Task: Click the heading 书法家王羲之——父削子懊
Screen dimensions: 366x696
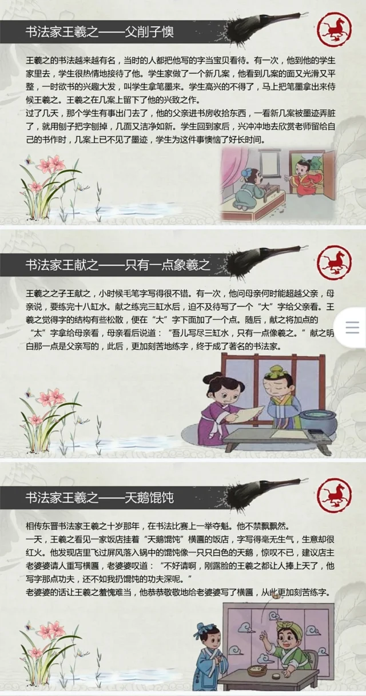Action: coord(100,31)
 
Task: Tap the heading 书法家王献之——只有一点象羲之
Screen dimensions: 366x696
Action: coord(118,265)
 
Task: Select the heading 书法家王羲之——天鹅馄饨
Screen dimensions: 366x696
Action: coord(100,498)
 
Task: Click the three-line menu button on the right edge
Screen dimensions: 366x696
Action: coord(352,328)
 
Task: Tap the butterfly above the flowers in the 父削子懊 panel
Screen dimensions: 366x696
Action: coord(30,160)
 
